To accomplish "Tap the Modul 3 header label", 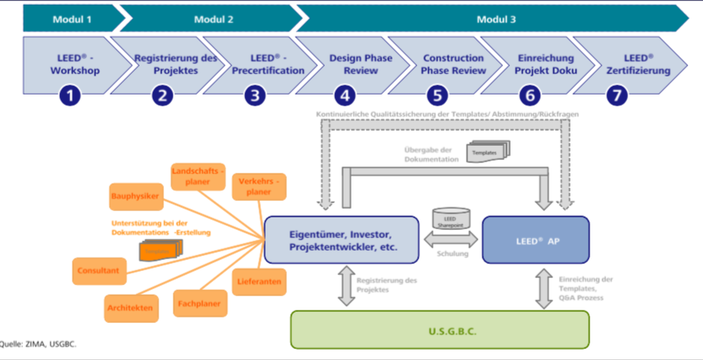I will pos(497,17).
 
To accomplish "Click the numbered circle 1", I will pos(71,96).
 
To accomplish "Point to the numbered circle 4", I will pos(344,96).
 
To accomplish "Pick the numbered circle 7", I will pos(618,96).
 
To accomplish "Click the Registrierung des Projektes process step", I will pos(166,64).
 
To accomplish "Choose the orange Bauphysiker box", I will pos(136,195).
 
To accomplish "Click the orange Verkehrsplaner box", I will pos(259,186).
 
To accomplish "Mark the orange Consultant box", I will pos(98,271).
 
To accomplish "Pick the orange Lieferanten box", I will pos(259,281).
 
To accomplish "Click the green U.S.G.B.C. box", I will pos(440,329).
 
